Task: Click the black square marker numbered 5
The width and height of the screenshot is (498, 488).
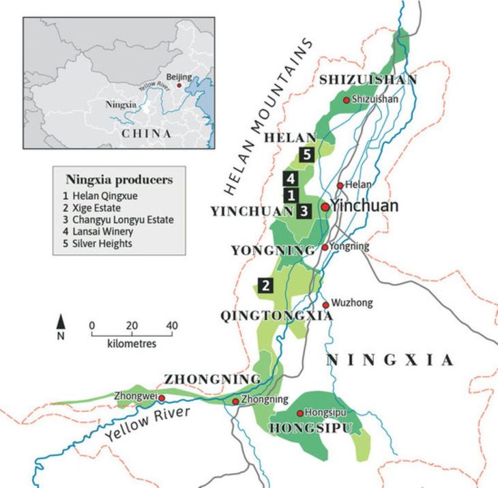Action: (x=306, y=155)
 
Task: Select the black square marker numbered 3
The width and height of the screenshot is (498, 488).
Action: (x=304, y=211)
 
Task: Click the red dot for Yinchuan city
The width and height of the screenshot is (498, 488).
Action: (x=325, y=206)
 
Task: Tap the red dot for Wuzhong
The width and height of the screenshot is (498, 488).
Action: (x=326, y=304)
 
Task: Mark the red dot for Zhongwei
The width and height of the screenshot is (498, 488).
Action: (x=162, y=397)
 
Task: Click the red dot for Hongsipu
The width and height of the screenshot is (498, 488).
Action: (x=300, y=413)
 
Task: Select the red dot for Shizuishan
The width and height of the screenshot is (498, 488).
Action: (x=347, y=100)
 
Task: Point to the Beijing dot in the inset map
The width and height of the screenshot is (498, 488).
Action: (x=179, y=85)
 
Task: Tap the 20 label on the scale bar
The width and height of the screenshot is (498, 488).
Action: (x=132, y=326)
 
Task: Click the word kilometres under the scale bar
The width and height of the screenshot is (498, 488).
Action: (x=132, y=343)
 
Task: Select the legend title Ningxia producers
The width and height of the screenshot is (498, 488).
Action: (x=119, y=180)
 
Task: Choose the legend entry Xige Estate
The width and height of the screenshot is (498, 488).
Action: (x=95, y=207)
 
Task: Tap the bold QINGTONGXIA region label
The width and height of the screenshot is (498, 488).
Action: (x=276, y=315)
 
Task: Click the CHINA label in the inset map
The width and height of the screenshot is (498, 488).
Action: (x=146, y=134)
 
